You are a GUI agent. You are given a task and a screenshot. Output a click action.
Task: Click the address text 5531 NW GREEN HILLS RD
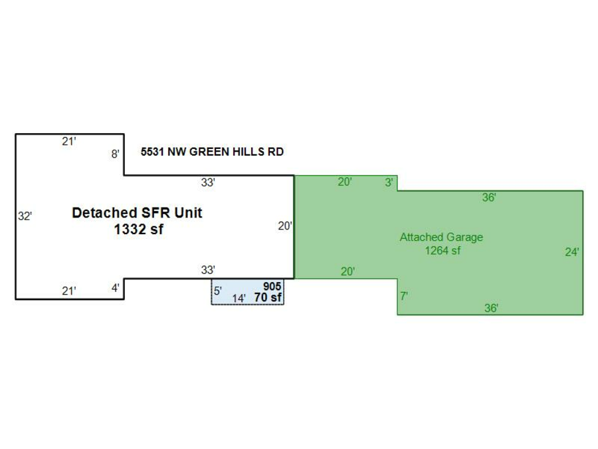click(212, 152)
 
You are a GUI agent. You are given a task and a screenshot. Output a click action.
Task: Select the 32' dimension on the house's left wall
click(25, 216)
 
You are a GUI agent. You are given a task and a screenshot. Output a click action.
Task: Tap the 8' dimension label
click(115, 154)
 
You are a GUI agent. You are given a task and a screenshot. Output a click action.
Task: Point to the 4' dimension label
click(115, 289)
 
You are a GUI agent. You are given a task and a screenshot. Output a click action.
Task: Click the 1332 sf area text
click(138, 230)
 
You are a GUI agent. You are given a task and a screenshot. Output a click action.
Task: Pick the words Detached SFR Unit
click(137, 213)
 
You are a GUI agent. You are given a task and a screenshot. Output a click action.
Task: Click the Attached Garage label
click(441, 237)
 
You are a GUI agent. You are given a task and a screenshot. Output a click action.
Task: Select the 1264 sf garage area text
click(443, 251)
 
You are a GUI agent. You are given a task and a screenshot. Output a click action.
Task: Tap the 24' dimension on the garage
click(571, 252)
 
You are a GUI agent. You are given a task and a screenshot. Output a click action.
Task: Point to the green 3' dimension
click(389, 182)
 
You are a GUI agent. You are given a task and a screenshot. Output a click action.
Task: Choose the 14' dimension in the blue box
click(239, 298)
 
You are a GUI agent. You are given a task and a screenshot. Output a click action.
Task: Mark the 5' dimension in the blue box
click(217, 291)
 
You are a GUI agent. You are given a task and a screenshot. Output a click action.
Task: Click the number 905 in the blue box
click(272, 287)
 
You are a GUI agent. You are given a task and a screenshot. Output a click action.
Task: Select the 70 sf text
click(268, 297)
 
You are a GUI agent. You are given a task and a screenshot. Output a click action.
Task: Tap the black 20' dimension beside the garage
click(284, 226)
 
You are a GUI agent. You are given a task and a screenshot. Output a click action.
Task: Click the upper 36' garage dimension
click(489, 198)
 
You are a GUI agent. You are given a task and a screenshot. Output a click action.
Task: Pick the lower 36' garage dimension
click(491, 308)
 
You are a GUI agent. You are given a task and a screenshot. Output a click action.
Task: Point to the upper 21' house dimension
click(69, 141)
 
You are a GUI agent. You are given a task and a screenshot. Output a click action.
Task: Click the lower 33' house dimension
click(208, 270)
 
